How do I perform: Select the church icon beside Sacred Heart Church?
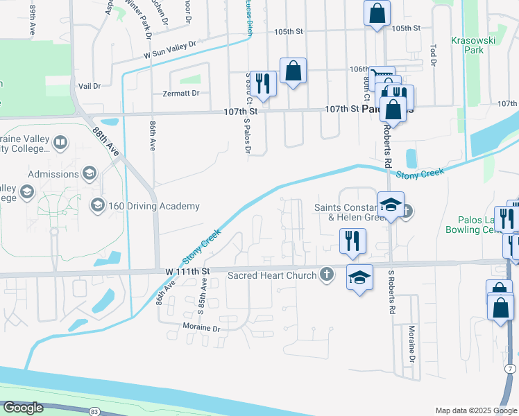(325, 275)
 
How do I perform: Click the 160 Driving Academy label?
(153, 206)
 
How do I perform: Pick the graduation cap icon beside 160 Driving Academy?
(97, 205)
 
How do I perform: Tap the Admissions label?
(53, 173)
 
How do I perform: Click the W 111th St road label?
(187, 270)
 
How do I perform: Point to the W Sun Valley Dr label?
(170, 49)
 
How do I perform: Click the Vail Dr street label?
(90, 86)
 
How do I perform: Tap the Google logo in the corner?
(23, 408)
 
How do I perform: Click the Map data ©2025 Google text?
(477, 410)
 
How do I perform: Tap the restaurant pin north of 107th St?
(262, 83)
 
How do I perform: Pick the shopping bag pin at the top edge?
(377, 12)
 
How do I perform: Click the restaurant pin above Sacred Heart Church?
(352, 240)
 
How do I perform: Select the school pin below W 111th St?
(359, 277)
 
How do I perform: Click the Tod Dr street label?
(432, 55)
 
